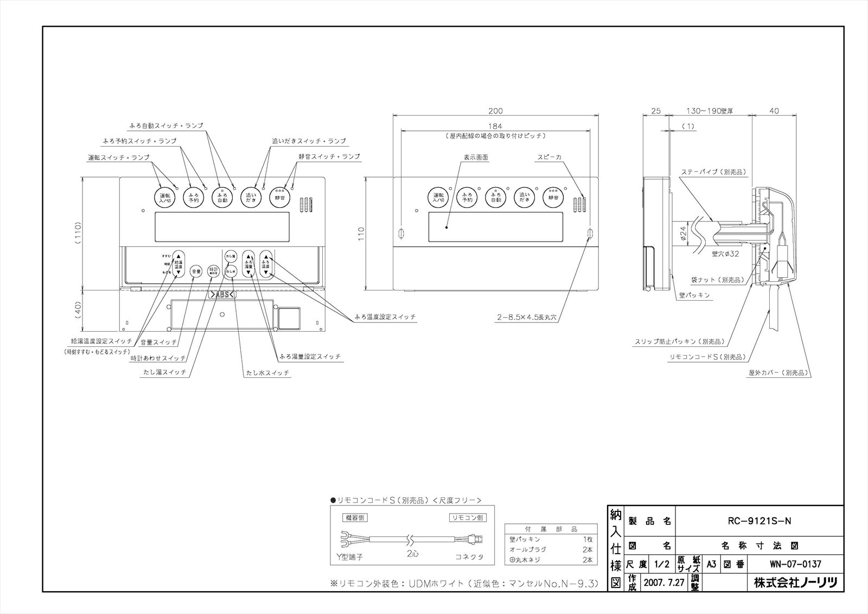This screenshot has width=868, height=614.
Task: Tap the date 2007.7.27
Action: (664, 583)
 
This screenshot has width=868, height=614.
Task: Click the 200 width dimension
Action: (495, 111)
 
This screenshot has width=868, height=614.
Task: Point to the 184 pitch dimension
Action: (495, 126)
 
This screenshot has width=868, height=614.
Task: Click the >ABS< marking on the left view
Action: (221, 295)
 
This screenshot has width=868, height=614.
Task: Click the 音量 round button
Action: (196, 271)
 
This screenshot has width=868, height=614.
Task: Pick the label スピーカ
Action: (549, 157)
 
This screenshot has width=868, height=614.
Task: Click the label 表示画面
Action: (476, 157)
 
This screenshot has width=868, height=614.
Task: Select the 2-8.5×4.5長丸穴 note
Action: (527, 320)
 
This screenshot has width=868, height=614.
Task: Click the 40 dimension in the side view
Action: (774, 111)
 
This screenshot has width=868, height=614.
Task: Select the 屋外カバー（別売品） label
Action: (779, 373)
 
